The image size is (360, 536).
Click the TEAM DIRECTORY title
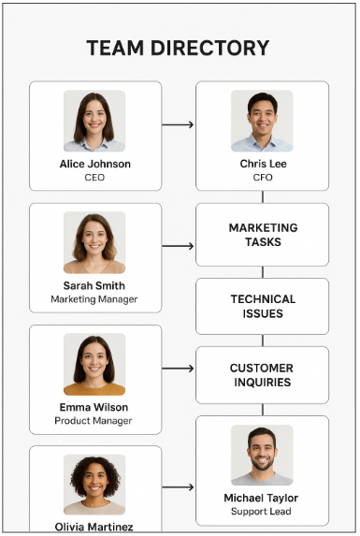coord(178,49)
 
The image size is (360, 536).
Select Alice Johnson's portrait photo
coord(94,121)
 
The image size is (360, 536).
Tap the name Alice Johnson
coord(94,165)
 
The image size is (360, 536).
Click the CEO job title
coord(94,178)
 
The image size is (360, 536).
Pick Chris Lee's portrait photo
coord(262,121)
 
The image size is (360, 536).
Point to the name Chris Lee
coord(262,165)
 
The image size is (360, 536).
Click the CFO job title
coord(262,178)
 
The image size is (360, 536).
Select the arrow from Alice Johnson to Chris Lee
coord(178,124)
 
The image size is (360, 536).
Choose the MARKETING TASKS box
coord(262,235)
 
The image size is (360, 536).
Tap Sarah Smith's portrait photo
coord(94,242)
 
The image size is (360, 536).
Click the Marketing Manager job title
coord(94,299)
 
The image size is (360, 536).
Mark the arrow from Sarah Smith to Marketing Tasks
coord(178,246)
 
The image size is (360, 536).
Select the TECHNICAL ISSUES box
coord(262,306)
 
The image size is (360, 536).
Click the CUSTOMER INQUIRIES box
coord(262,375)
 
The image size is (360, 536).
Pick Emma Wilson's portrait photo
coord(94,364)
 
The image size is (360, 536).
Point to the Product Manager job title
coord(94,421)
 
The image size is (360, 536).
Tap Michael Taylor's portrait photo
coord(262,455)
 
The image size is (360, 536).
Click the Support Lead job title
coord(262,512)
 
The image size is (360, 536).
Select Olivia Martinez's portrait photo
coord(94,485)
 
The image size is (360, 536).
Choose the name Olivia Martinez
coord(94,527)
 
